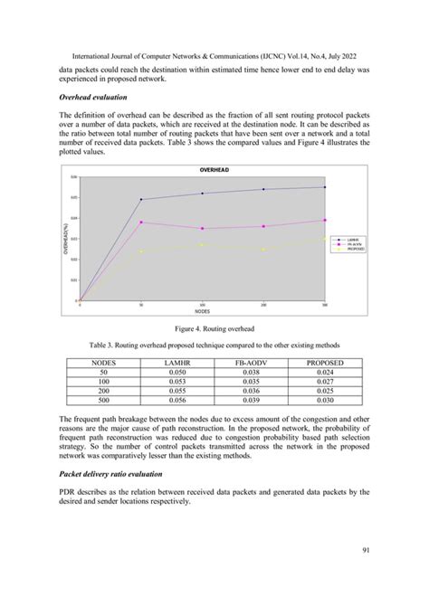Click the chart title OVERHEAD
click(x=214, y=170)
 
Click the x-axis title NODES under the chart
click(x=203, y=310)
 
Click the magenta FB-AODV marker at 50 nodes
click(x=141, y=222)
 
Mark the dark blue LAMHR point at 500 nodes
click(x=325, y=187)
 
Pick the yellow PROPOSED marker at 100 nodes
click(x=202, y=244)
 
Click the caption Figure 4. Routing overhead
click(x=214, y=329)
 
